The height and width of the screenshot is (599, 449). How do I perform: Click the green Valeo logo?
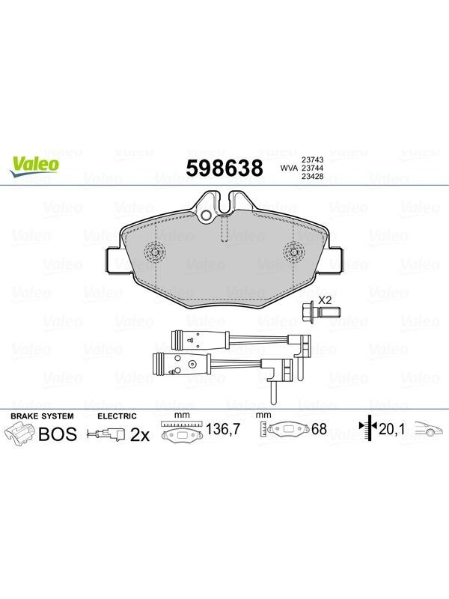(34, 166)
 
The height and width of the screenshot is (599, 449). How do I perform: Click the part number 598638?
(224, 168)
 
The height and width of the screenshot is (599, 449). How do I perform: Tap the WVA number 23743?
(313, 159)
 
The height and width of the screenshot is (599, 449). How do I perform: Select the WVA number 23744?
(313, 168)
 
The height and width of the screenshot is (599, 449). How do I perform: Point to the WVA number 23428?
(313, 177)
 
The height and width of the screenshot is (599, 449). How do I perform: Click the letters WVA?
(289, 168)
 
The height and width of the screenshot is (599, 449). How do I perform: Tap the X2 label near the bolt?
(325, 300)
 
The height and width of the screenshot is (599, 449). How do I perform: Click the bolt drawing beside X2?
(320, 312)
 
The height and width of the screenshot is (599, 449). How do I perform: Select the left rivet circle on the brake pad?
(155, 252)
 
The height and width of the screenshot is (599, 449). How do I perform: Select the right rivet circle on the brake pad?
(293, 252)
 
